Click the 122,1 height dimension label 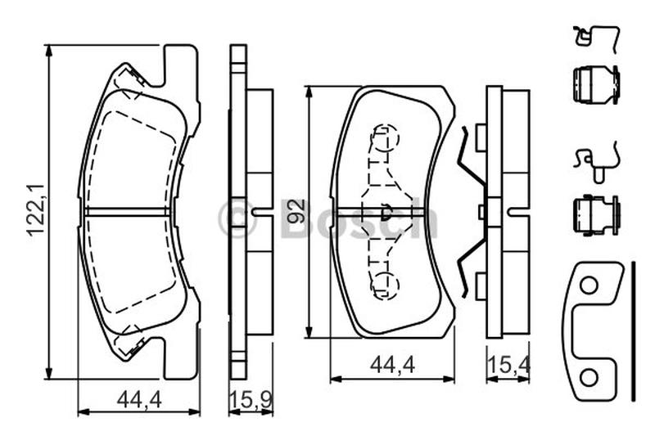pyautogui.click(x=36, y=210)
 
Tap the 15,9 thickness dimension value pyautogui.click(x=251, y=400)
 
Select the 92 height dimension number pyautogui.click(x=297, y=211)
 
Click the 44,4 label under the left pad pyautogui.click(x=139, y=400)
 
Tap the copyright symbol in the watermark pyautogui.click(x=237, y=218)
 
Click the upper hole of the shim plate pyautogui.click(x=589, y=285)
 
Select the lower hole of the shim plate pyautogui.click(x=589, y=379)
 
